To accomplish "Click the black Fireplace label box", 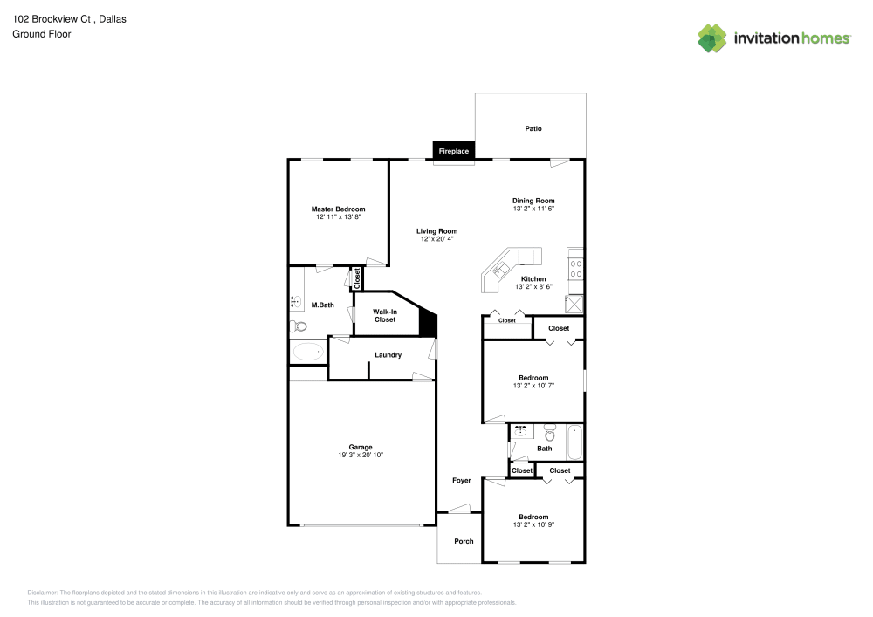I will click(x=454, y=151).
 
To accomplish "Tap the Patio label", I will click(x=533, y=128).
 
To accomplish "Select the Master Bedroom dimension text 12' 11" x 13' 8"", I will click(x=338, y=216).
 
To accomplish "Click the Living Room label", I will click(x=436, y=231).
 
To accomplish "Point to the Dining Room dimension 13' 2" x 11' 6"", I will click(x=533, y=209).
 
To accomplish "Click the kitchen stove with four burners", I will click(x=575, y=267).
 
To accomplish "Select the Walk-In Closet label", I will click(x=385, y=315).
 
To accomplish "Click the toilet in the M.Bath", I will click(x=299, y=326).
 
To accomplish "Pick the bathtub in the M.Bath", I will click(x=306, y=352).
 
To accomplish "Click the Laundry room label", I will click(x=388, y=354).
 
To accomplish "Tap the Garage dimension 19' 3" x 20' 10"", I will click(x=361, y=455).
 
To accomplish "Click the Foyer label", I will click(x=461, y=480).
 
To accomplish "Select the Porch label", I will click(x=464, y=541).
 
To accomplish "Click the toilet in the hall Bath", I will click(x=549, y=433).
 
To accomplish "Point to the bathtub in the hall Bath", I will click(x=574, y=442).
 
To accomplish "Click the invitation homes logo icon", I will click(x=711, y=38).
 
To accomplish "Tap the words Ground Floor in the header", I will click(x=42, y=34).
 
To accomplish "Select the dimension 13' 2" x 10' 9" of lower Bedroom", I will click(x=533, y=524).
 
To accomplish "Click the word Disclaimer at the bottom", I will click(x=42, y=592).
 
